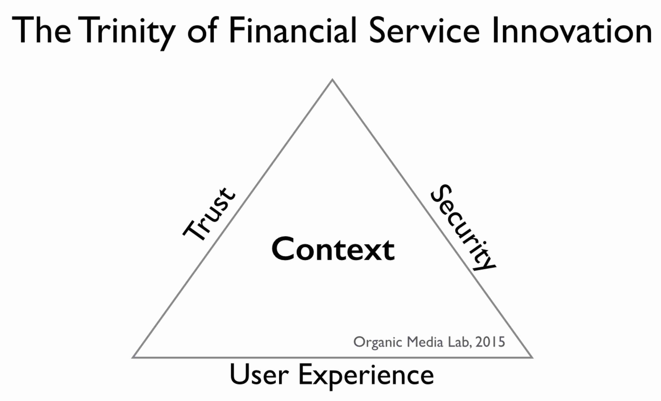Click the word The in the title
(x=42, y=30)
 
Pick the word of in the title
(x=201, y=30)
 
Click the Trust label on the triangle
(x=209, y=214)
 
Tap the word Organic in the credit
(x=378, y=343)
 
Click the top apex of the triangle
(x=332, y=79)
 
